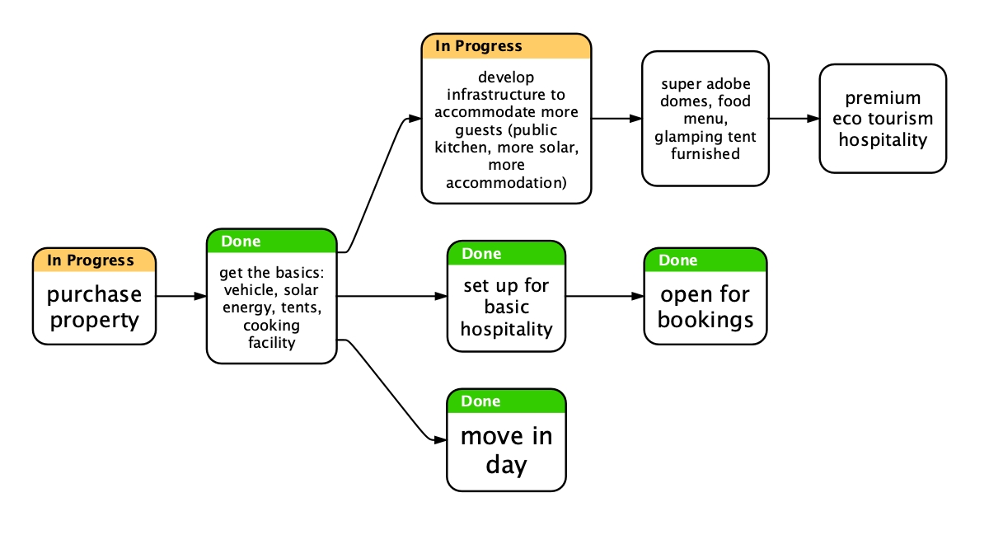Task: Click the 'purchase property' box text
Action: pyautogui.click(x=94, y=307)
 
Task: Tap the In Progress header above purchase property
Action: pyautogui.click(x=91, y=260)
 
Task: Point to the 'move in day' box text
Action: pyautogui.click(x=506, y=450)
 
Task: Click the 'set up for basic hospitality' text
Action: pyautogui.click(x=506, y=307)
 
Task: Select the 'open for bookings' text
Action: pyautogui.click(x=705, y=307)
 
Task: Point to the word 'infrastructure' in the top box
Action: pyautogui.click(x=506, y=95)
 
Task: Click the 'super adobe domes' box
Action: pyautogui.click(x=705, y=119)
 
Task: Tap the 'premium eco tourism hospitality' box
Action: pyautogui.click(x=883, y=119)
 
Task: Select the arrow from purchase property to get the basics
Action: pyautogui.click(x=180, y=295)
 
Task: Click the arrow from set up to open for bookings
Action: pyautogui.click(x=604, y=295)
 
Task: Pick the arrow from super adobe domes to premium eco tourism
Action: pyautogui.click(x=794, y=119)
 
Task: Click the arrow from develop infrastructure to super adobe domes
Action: pyautogui.click(x=616, y=119)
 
